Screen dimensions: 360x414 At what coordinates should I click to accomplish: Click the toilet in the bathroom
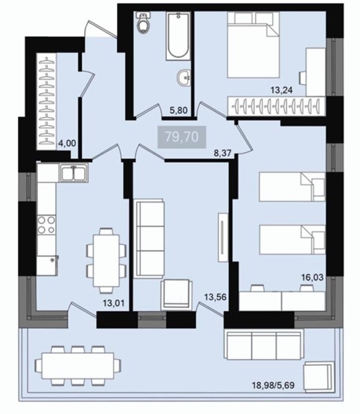coord(144,22)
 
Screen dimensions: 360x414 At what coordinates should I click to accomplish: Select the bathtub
coord(178,36)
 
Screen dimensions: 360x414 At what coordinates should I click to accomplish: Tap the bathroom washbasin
coord(183,77)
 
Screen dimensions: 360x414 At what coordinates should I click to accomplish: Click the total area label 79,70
coord(182,137)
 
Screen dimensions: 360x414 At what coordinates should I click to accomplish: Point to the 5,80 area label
coord(179,110)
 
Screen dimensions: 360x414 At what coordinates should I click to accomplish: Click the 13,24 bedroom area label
coord(282,90)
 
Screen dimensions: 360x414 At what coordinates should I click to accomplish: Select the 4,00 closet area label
coord(66,144)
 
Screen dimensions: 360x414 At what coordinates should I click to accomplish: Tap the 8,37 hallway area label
coord(223,153)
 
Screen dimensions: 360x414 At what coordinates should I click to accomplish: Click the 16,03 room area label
coord(312,278)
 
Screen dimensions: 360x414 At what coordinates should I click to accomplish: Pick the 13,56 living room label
coord(215,297)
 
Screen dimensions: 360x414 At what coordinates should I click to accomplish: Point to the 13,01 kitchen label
coord(114,303)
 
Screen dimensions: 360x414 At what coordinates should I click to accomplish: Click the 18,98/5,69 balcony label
coord(274,385)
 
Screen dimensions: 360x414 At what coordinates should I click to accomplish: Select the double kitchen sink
coord(75,173)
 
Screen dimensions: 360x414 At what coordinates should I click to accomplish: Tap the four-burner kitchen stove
coord(46,225)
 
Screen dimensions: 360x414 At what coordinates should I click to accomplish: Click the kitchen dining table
coord(107,261)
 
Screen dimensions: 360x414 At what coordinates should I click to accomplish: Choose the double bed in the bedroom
coord(253,45)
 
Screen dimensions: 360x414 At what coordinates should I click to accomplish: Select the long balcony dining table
coord(78,366)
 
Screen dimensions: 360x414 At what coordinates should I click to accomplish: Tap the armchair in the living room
coord(177,295)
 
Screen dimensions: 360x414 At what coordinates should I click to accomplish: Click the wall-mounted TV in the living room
coord(223,237)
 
